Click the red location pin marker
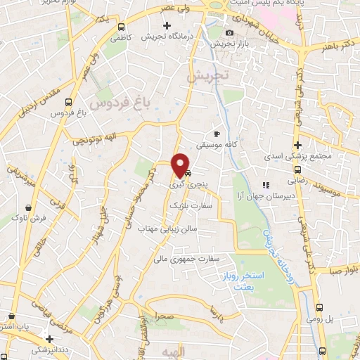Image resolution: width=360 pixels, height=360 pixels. point(181,166)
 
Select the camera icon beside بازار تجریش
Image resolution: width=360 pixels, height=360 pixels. point(229,33)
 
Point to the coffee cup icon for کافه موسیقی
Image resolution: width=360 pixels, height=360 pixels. point(217,134)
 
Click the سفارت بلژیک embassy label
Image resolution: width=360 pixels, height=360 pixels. point(184,205)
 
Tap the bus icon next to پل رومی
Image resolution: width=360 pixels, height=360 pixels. point(321,308)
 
